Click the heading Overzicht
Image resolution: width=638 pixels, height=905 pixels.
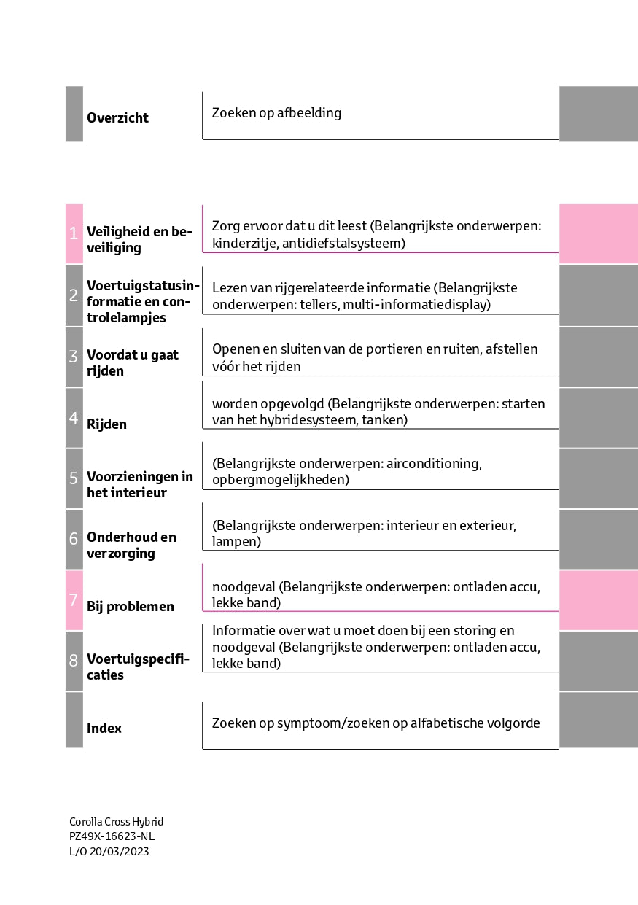coord(117,118)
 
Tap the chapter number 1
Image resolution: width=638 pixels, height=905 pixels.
coord(74,233)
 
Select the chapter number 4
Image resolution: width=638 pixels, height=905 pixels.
coord(74,418)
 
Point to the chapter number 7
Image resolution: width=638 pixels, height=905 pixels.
coord(74,600)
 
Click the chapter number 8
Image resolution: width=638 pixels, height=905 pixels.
coord(74,661)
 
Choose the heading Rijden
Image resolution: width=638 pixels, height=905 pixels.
coord(106,424)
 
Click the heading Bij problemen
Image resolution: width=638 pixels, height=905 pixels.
coord(130,607)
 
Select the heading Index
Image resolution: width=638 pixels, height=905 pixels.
coord(104,728)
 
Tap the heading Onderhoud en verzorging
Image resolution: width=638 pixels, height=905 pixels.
coord(131,545)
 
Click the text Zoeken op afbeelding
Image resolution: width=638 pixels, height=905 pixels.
coord(276,113)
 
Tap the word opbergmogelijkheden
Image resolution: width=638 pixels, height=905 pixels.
coord(279,480)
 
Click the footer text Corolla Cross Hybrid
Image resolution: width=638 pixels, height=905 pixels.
coord(116,822)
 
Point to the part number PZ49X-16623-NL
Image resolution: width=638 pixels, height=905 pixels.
coord(112,836)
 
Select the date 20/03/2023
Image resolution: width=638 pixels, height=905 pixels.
coord(119,851)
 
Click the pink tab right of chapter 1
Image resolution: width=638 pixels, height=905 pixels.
coord(598,233)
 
